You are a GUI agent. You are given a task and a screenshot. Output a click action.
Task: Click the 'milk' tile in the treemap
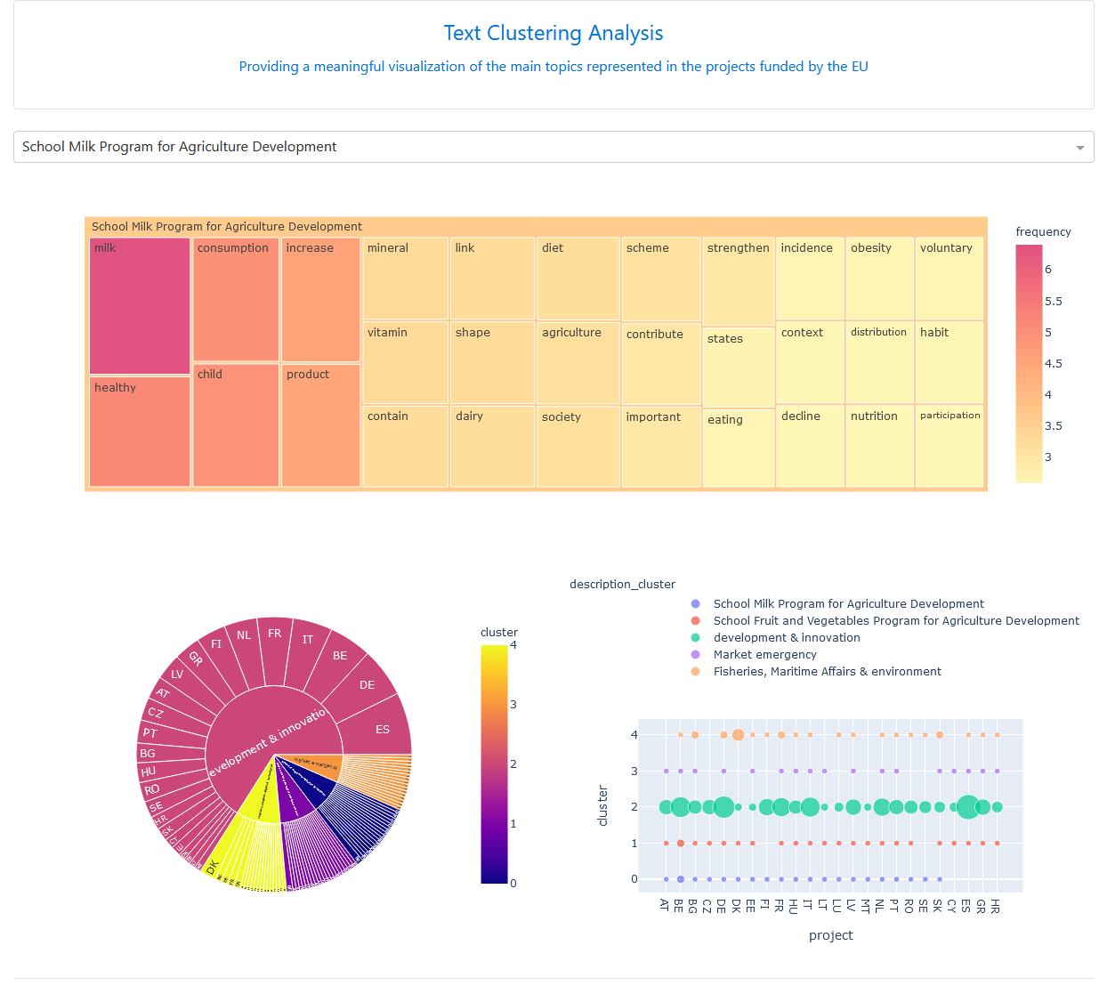coord(140,305)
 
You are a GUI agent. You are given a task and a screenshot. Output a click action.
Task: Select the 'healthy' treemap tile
coord(140,432)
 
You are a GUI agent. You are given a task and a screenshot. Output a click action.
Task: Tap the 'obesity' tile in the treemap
coord(879,278)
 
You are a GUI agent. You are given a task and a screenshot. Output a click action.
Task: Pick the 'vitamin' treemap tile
coord(405,362)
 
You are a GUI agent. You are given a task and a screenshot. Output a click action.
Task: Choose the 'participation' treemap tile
coord(949,446)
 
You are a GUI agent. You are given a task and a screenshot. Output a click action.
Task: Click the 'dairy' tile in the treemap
coord(492,446)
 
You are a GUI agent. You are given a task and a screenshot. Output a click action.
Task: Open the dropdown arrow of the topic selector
coord(1079,148)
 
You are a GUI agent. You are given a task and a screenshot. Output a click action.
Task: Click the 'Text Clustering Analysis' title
coord(553,34)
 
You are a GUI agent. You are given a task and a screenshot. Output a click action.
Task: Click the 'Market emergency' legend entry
coord(764,655)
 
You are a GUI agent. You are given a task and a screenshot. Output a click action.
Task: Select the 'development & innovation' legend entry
coord(787,638)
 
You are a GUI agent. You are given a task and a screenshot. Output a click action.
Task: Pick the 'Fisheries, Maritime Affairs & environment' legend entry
coord(827,672)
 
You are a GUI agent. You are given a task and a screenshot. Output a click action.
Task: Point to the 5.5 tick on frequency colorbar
coord(1054,302)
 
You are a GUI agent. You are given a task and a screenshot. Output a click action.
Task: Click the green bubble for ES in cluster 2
coord(968,807)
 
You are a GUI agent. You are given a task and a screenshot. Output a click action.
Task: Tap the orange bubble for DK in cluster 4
coord(738,735)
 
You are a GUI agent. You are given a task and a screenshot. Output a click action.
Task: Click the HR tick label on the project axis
coord(997,906)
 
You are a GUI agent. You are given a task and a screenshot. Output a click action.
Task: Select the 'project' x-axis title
coord(830,935)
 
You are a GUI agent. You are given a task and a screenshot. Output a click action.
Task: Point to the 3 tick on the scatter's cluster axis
coord(634,771)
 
